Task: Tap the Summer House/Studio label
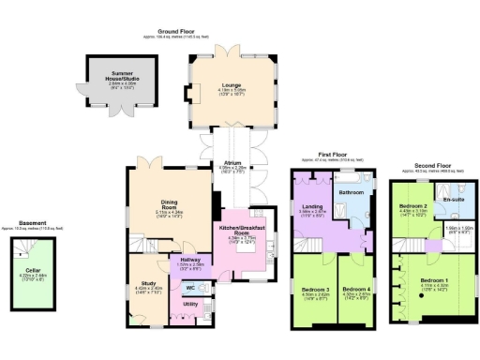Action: (x=113, y=74)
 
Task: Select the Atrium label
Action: (x=232, y=162)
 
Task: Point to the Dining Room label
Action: (x=171, y=203)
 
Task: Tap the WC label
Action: (x=190, y=287)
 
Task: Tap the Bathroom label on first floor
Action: (x=351, y=192)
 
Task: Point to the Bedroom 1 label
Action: (x=432, y=281)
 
